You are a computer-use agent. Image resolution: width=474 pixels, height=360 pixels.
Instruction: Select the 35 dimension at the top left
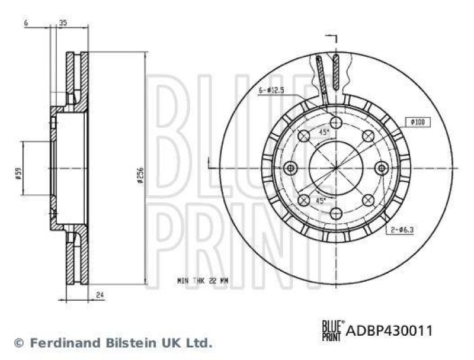pos(63,22)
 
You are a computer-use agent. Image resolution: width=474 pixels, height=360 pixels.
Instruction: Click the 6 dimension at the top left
pos(27,22)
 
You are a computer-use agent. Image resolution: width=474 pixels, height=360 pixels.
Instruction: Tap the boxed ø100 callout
pos(418,122)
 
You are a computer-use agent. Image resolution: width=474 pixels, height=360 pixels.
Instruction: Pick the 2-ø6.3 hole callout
pos(401,228)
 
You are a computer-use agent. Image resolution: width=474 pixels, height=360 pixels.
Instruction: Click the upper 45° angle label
pos(324,133)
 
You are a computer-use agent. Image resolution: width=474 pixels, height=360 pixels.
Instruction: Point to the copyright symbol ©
pos(18,342)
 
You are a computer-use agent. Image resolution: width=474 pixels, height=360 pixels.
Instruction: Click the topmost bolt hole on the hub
pos(336,123)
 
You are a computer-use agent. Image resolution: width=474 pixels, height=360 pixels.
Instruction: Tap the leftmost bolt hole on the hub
pos(290,168)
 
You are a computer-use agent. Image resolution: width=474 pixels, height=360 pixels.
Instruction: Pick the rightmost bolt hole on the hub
pos(382,168)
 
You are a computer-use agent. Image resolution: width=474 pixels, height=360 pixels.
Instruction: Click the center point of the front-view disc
pos(336,168)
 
